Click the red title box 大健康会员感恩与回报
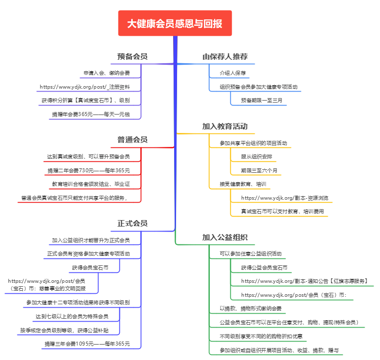(x=175, y=23)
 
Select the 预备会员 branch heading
(x=132, y=56)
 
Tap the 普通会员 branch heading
(x=132, y=139)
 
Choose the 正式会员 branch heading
(x=132, y=223)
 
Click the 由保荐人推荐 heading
(x=225, y=56)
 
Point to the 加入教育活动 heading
(x=225, y=126)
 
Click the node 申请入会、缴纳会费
(x=106, y=73)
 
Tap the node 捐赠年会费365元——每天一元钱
(x=91, y=115)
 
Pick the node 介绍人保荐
(x=233, y=73)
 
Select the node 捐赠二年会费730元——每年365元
(x=89, y=170)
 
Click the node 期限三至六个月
(x=259, y=170)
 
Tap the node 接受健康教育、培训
(x=243, y=184)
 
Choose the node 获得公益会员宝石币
(x=264, y=267)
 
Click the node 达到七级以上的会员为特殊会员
(x=72, y=316)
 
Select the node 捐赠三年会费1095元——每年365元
(x=87, y=344)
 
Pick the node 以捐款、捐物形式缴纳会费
(x=251, y=308)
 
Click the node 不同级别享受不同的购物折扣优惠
(x=261, y=336)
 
